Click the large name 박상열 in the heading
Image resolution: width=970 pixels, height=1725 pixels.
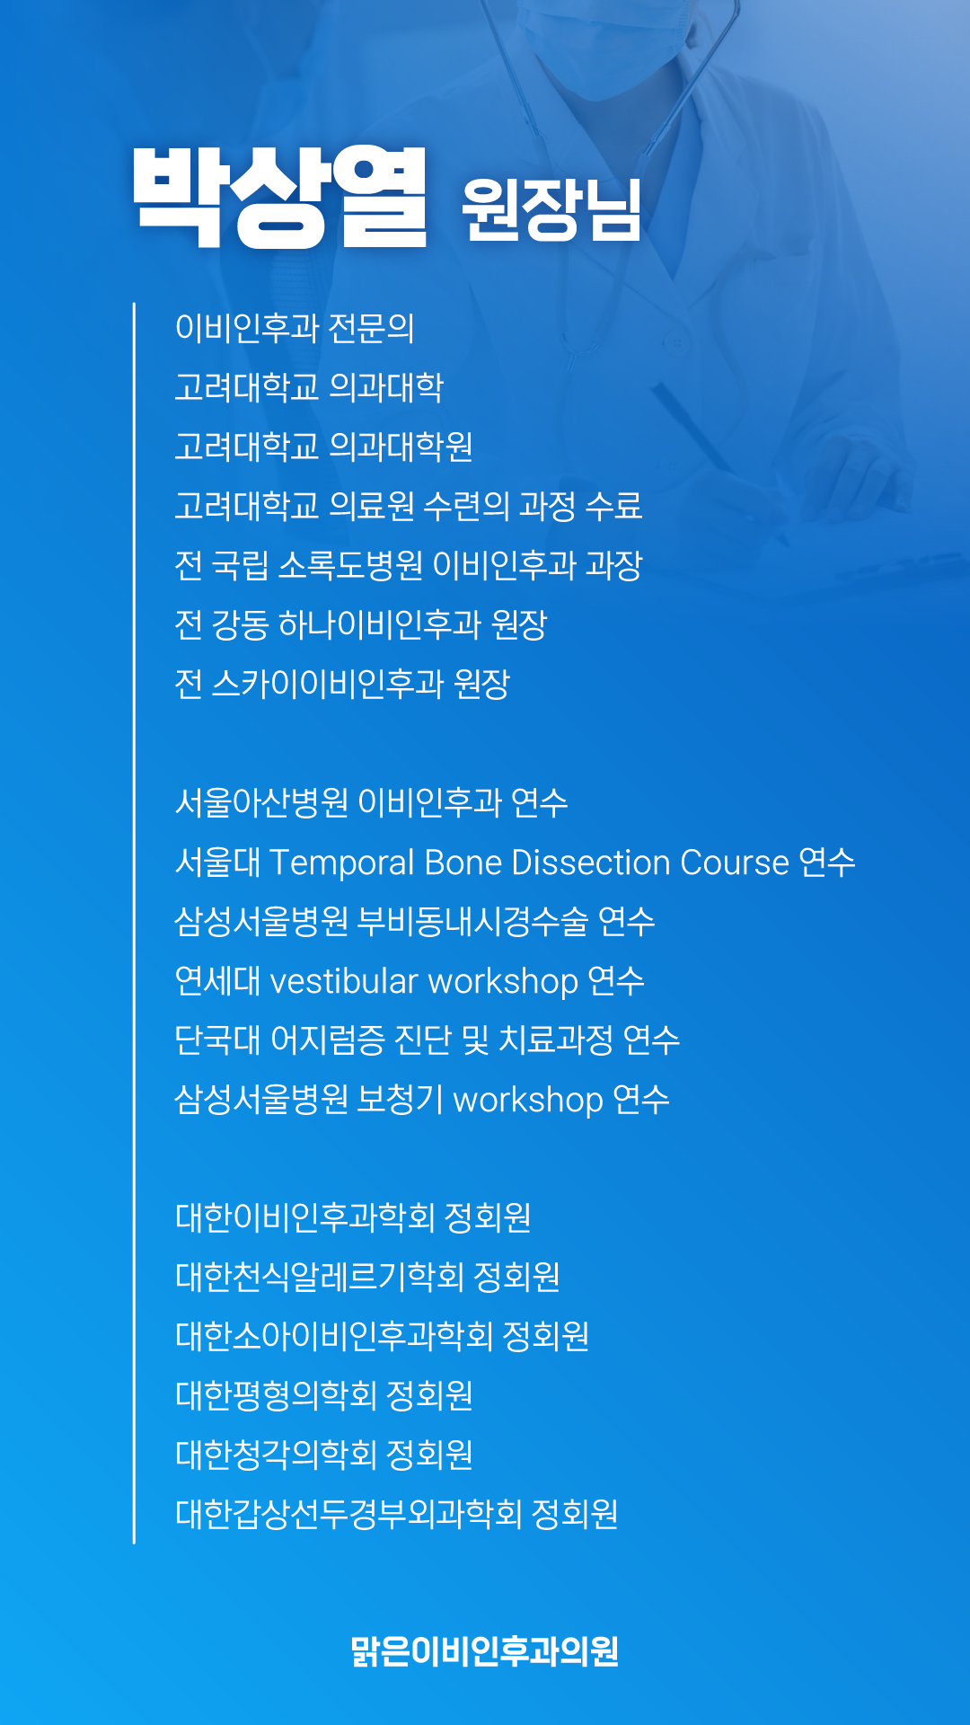click(279, 197)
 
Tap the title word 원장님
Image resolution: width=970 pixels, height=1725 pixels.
click(551, 209)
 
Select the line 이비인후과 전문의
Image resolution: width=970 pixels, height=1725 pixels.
click(295, 328)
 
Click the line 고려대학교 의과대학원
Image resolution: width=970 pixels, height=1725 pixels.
click(323, 447)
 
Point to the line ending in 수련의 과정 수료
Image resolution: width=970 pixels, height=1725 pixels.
click(409, 506)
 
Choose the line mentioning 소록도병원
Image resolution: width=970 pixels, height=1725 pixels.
click(409, 565)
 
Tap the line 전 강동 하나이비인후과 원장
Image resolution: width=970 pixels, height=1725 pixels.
click(361, 624)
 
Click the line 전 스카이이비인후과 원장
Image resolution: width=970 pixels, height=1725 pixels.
click(342, 684)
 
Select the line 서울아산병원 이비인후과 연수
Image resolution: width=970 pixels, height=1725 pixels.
click(371, 802)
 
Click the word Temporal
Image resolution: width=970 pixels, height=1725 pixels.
click(342, 863)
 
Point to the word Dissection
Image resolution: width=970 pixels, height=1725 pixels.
click(591, 862)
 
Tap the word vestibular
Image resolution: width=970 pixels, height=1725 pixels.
click(344, 981)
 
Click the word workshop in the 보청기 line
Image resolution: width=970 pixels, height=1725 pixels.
click(528, 1101)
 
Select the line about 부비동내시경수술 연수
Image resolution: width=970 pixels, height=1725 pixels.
click(415, 921)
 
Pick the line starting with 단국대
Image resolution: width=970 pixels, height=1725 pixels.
click(427, 1039)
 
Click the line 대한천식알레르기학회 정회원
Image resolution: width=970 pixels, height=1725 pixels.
click(367, 1277)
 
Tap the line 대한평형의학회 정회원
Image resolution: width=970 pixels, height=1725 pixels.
click(323, 1395)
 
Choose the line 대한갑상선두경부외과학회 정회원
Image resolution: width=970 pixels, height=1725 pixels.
click(396, 1514)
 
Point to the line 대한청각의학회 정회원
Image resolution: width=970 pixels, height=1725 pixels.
click(323, 1455)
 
